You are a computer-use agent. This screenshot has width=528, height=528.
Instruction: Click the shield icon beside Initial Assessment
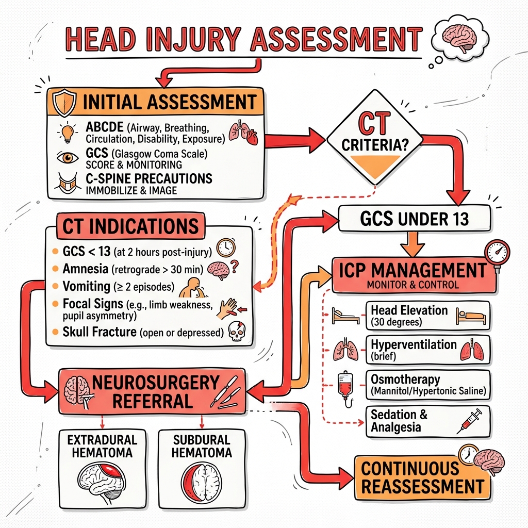pyautogui.click(x=64, y=103)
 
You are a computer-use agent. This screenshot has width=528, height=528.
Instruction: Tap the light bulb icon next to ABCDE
pyautogui.click(x=68, y=132)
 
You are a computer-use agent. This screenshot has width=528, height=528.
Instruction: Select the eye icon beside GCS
pyautogui.click(x=68, y=157)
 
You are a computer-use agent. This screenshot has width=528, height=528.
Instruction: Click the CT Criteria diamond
pyautogui.click(x=375, y=137)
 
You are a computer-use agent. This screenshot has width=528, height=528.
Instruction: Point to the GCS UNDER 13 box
pyautogui.click(x=414, y=219)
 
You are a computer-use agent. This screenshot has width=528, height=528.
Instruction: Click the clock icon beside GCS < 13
pyautogui.click(x=226, y=248)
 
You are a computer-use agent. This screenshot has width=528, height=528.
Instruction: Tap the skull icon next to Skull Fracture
pyautogui.click(x=237, y=331)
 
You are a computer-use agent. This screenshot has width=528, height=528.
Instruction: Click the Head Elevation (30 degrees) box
pyautogui.click(x=427, y=316)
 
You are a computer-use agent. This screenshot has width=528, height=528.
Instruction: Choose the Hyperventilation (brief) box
pyautogui.click(x=427, y=350)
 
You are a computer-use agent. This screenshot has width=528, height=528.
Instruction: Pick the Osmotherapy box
pyautogui.click(x=427, y=385)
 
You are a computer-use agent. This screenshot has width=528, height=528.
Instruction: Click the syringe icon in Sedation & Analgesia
pyautogui.click(x=469, y=421)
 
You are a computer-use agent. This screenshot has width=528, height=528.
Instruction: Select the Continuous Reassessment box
pyautogui.click(x=422, y=478)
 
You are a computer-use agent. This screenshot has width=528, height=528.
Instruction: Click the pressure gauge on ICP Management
pyautogui.click(x=497, y=253)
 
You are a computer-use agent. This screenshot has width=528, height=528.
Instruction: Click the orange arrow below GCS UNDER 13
pyautogui.click(x=413, y=244)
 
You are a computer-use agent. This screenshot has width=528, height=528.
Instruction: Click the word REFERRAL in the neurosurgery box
pyautogui.click(x=153, y=401)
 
